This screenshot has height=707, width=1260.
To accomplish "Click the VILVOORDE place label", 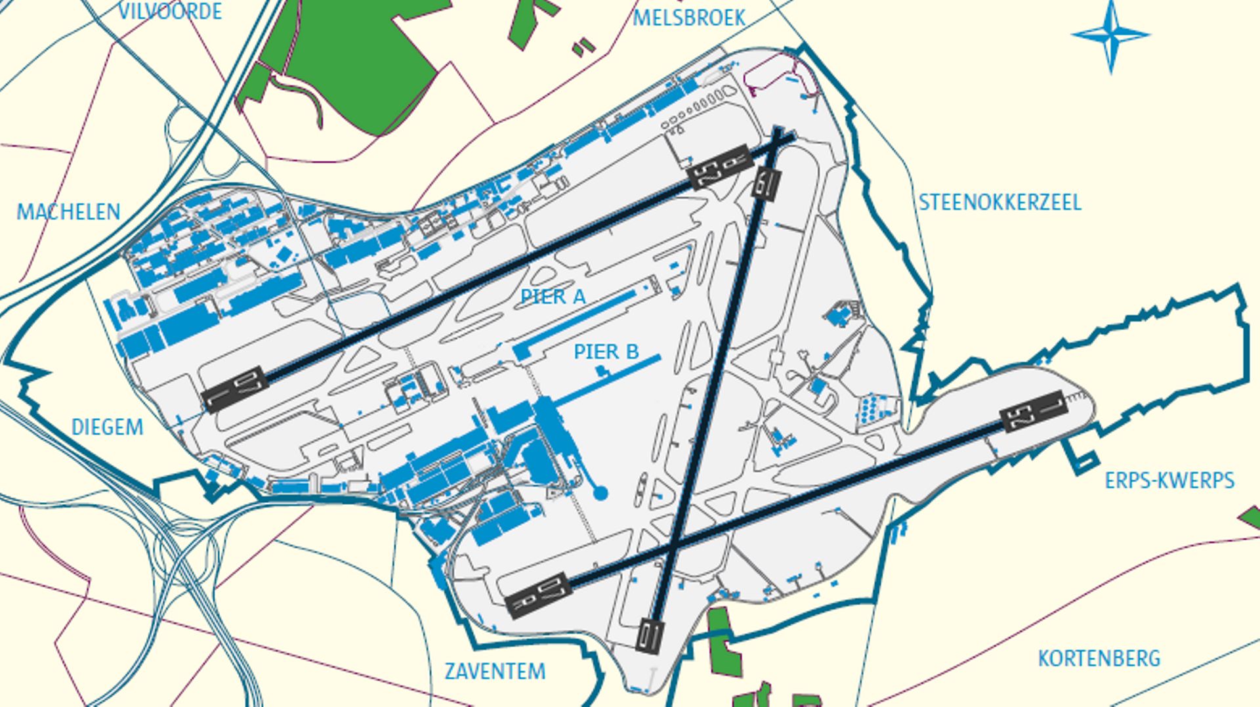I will (x=169, y=11).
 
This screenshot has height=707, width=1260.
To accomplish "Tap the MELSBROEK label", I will (x=688, y=18).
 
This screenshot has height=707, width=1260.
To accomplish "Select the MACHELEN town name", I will (x=68, y=212).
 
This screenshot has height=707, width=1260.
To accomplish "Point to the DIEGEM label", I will (x=107, y=427).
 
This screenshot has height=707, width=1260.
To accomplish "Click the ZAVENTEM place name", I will (x=495, y=672).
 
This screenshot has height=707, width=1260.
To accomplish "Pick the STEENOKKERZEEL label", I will (x=999, y=202).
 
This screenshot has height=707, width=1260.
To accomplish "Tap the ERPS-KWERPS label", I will (x=1169, y=481).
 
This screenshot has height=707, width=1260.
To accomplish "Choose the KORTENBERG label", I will (x=1099, y=658).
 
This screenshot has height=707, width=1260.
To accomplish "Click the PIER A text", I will (x=553, y=297).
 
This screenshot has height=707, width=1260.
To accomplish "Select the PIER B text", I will (x=606, y=352).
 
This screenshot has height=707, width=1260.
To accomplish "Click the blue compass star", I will (x=1110, y=35).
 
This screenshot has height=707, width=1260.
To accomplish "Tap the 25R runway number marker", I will (x=719, y=167).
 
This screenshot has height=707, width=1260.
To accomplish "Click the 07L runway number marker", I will (x=235, y=389).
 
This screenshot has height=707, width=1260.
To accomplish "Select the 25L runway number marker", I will (x=1033, y=411).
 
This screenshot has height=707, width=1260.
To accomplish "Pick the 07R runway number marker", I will (x=539, y=595).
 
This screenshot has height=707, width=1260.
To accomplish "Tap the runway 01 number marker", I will (x=649, y=635).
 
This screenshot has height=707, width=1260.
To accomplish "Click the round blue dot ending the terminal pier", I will (x=600, y=492).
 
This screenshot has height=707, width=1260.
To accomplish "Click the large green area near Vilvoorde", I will (x=354, y=59).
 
